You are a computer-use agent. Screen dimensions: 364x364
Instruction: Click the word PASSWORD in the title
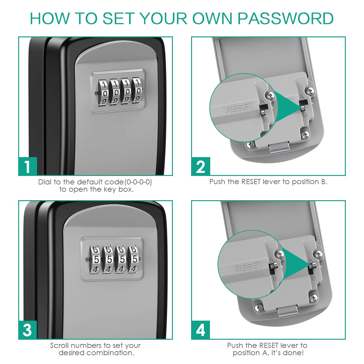[x=285, y=19]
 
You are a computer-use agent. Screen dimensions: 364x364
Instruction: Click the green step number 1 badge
[x=28, y=166]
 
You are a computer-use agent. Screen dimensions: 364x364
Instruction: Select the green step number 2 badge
[x=201, y=166]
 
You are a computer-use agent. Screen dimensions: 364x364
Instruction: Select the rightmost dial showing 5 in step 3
[x=134, y=259]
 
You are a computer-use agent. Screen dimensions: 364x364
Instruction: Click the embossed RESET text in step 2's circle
[x=240, y=107]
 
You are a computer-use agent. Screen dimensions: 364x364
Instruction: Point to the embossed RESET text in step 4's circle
[x=249, y=266]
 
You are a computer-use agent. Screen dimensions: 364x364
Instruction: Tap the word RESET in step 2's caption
[x=251, y=182]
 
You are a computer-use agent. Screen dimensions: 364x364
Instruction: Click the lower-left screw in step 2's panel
[x=251, y=145]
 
